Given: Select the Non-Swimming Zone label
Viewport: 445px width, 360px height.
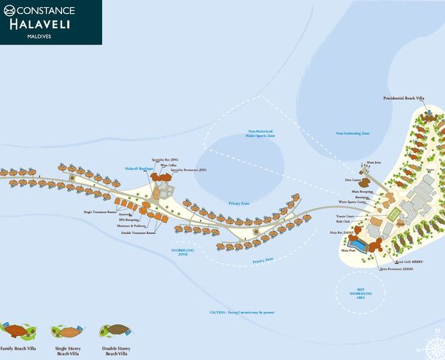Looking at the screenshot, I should (x=352, y=133).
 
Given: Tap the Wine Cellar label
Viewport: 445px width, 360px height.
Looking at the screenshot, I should (x=169, y=165).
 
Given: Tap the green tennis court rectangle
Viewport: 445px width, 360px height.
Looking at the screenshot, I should (x=394, y=214).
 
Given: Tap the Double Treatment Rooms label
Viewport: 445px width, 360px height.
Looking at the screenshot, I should (x=139, y=233).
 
